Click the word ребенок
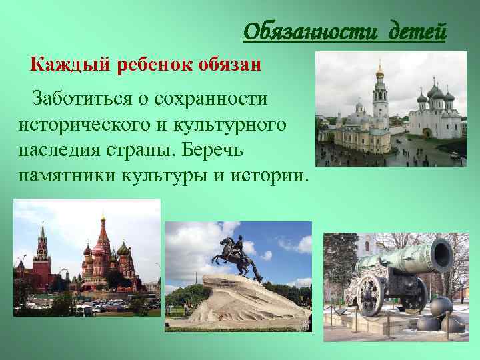point(149,65)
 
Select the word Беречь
point(230,150)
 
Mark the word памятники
point(74,175)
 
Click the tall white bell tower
point(380,100)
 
